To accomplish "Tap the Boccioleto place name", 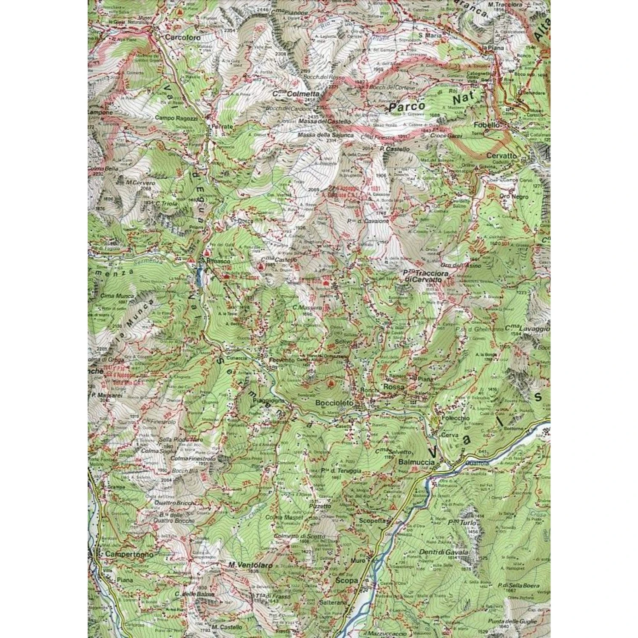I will click(332, 402).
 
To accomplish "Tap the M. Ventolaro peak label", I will click(244, 565).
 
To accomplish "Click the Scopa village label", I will click(347, 580).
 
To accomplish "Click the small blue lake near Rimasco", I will click(199, 276).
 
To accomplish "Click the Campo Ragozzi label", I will click(176, 118).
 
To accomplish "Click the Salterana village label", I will click(346, 603).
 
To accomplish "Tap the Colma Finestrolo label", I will click(194, 459).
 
